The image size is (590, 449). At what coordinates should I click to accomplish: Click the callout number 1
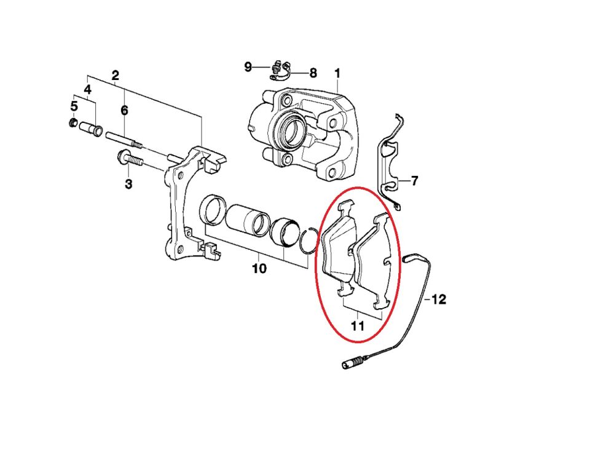[337, 74]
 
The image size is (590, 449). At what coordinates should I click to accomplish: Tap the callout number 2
[115, 76]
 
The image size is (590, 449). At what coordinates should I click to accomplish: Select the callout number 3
[128, 183]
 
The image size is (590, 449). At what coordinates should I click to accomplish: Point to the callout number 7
[415, 181]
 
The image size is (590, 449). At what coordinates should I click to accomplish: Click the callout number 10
[259, 269]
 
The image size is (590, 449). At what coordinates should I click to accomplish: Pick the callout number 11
[358, 325]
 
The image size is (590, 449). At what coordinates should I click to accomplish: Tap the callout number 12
[439, 300]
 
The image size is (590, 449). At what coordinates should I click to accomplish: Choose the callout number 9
[248, 66]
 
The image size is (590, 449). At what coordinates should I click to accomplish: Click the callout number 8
[313, 73]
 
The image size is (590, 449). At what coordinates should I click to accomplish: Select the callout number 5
[74, 106]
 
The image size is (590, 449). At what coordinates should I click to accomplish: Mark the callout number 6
[124, 110]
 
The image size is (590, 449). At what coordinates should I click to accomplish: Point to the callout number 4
[88, 90]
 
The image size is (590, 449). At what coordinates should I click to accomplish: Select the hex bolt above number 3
[130, 159]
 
